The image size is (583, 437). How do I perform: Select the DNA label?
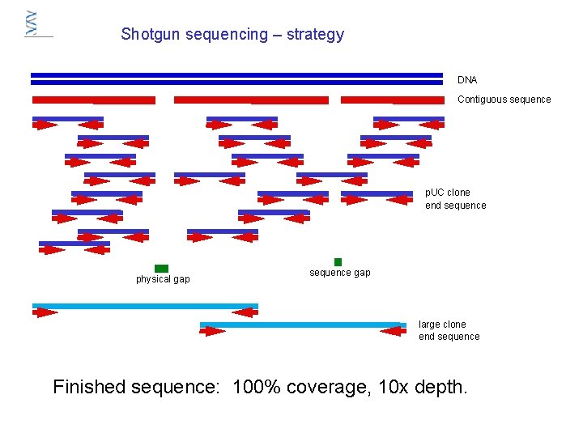coord(467,80)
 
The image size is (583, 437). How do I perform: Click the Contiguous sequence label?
coord(504,100)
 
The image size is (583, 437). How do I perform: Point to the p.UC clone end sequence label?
coord(456,199)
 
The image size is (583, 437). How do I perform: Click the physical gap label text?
coord(163,279)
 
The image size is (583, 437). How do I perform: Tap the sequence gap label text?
coord(340,273)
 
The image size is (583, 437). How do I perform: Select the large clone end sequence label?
coord(449,330)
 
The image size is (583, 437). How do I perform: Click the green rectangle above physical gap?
coord(161,268)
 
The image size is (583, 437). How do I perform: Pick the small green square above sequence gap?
coord(338,261)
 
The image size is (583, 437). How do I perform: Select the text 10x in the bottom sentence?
coord(394,387)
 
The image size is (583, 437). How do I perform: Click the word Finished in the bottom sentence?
coord(91,387)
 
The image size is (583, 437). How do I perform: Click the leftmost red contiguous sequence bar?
coord(93,100)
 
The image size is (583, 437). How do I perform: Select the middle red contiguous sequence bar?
coord(251,100)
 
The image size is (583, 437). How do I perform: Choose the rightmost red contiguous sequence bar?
coord(393,100)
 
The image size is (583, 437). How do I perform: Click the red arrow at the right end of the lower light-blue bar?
coord(397,330)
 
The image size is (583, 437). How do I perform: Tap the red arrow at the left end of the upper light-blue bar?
coord(45,312)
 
